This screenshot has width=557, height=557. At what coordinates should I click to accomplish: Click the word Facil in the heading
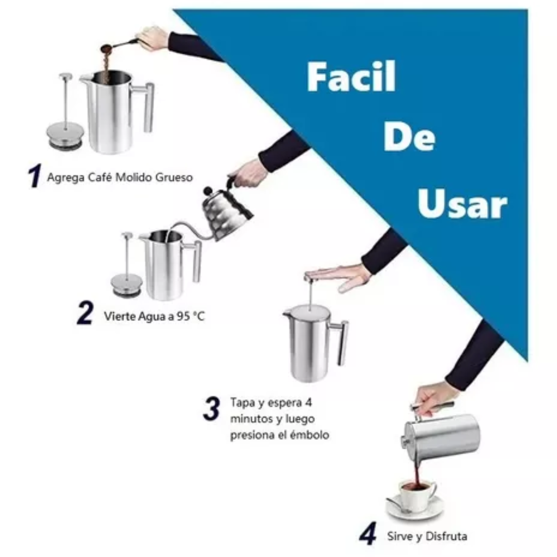click(x=351, y=77)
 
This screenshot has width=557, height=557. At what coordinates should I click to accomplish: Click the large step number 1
click(x=35, y=175)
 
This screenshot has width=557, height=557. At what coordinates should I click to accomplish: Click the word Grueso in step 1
click(x=174, y=177)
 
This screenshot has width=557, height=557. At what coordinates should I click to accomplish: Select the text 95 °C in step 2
click(x=191, y=316)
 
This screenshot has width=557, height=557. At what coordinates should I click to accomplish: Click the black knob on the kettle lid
click(x=207, y=190)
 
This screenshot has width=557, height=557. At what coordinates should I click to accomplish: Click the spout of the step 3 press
click(x=287, y=313)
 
